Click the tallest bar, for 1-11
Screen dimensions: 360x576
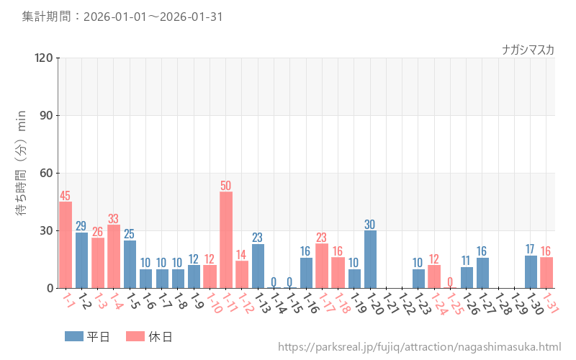[226, 240]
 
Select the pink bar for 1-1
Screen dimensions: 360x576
[66, 245]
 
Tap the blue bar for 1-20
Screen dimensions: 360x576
[370, 259]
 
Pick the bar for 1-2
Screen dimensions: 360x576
[81, 260]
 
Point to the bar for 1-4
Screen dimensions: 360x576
[114, 256]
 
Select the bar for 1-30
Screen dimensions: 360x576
[531, 271]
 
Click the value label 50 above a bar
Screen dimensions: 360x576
[226, 186]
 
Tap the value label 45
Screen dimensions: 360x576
[66, 196]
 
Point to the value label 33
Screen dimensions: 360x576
[114, 219]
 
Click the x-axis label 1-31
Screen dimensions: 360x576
[551, 302]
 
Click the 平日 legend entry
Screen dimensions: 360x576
[86, 336]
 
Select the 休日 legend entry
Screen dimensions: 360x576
[148, 336]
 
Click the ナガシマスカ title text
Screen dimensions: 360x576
[528, 50]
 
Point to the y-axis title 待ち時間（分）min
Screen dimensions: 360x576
[22, 173]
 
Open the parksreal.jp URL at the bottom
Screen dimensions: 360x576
[419, 347]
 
